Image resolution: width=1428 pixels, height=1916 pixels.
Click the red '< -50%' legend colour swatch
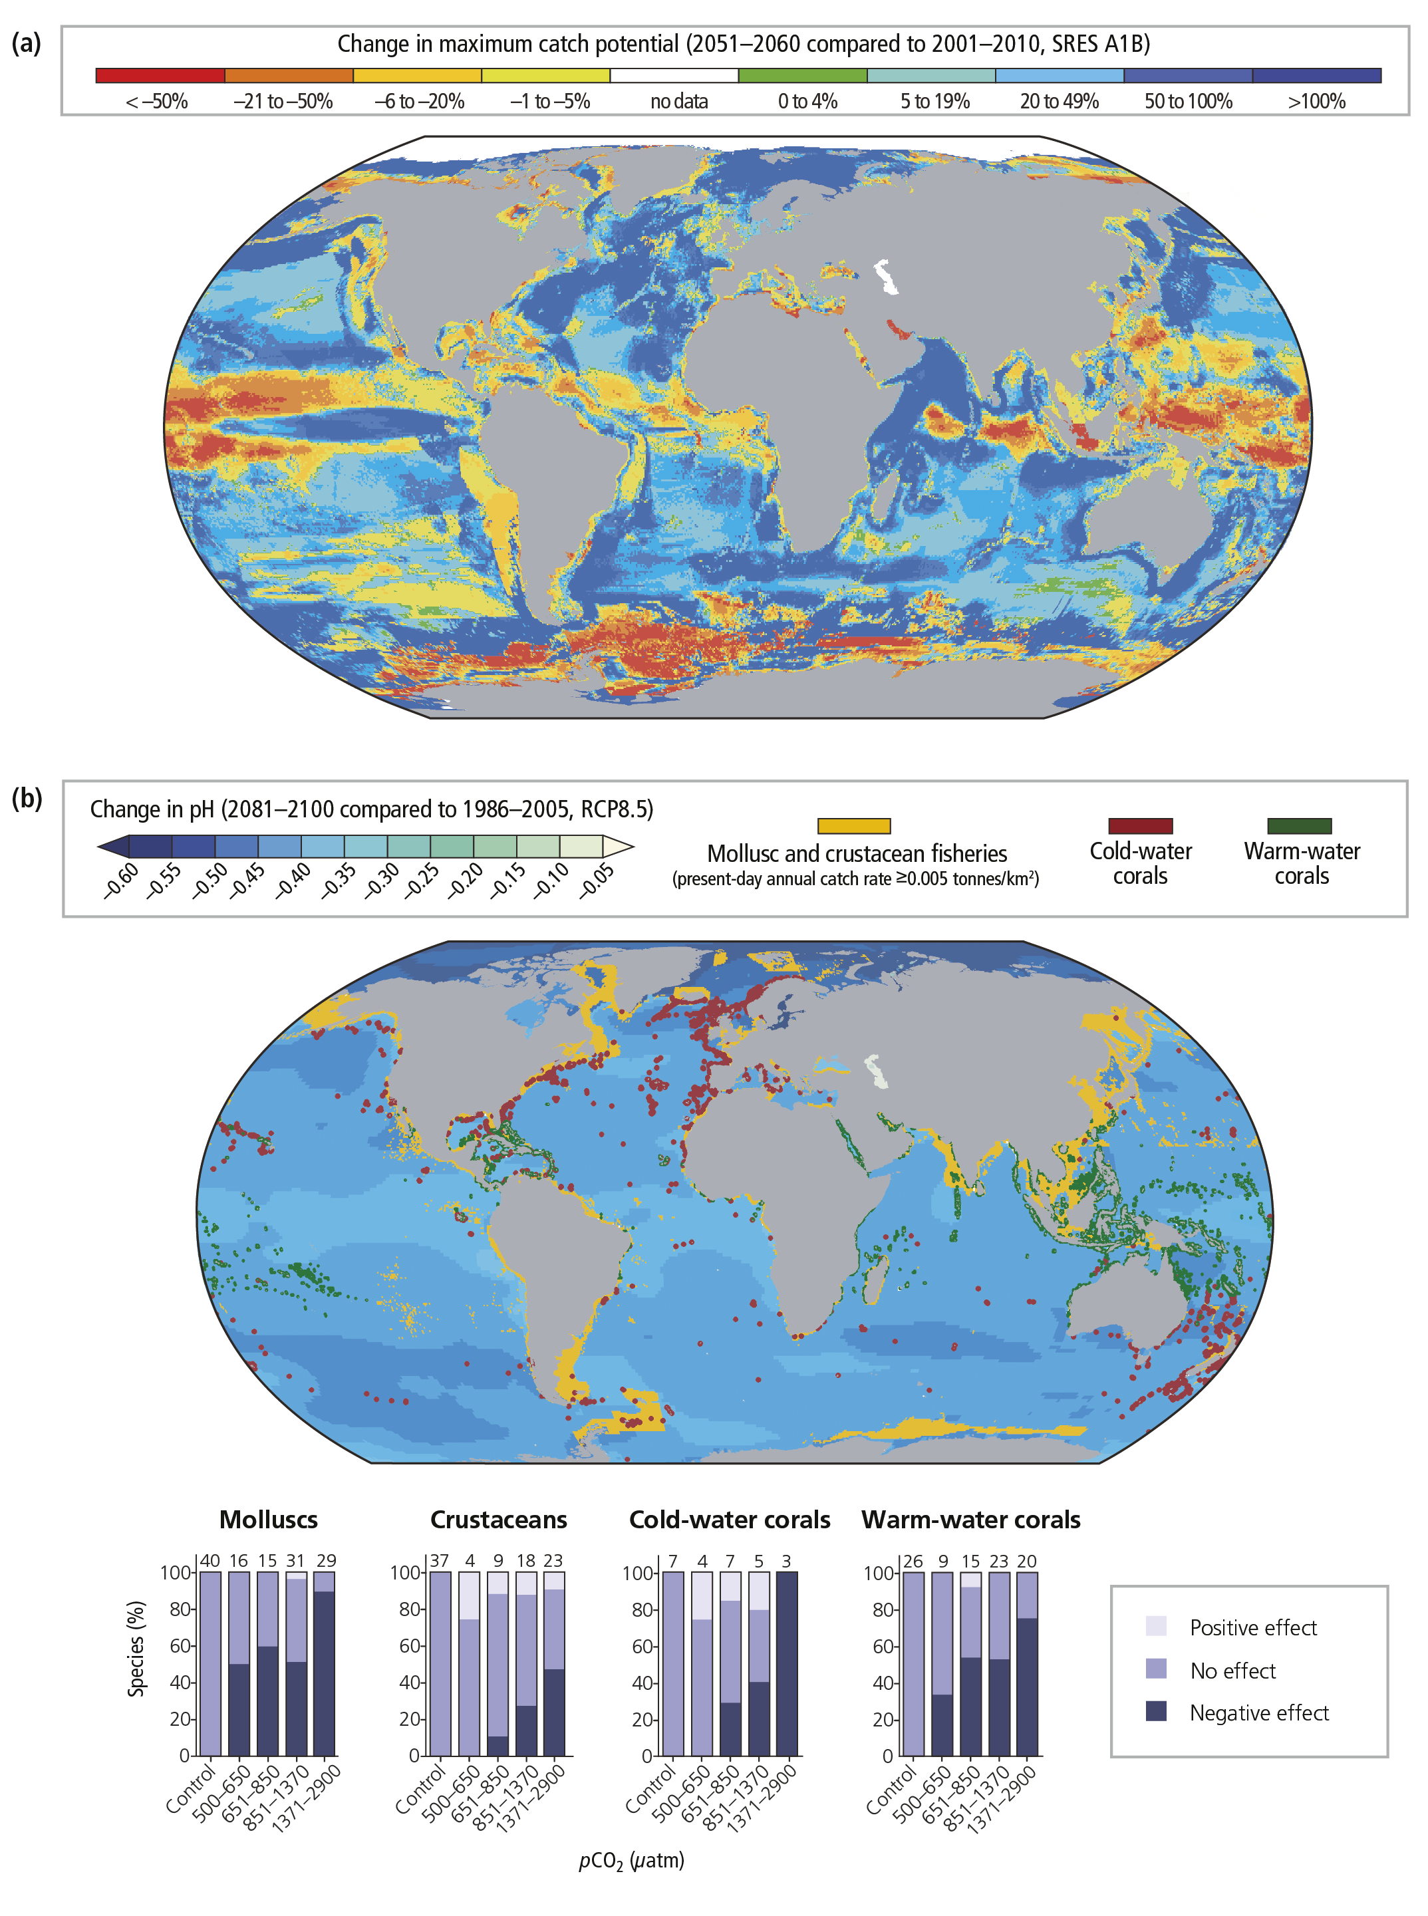tap(160, 75)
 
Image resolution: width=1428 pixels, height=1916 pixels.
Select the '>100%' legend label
tap(1316, 102)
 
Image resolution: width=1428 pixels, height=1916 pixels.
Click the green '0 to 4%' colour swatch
tap(802, 75)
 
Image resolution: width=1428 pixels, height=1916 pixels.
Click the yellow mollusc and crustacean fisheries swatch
tap(853, 826)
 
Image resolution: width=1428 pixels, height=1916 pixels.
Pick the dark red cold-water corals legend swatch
tap(1140, 826)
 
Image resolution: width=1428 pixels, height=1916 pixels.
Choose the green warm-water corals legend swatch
tap(1299, 826)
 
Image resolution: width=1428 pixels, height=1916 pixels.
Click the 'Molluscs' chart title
tap(268, 1520)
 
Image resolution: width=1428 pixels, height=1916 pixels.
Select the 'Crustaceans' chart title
tap(499, 1520)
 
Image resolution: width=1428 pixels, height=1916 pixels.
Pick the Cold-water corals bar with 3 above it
tap(787, 1664)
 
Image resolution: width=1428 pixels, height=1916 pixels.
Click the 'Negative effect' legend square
tap(1156, 1711)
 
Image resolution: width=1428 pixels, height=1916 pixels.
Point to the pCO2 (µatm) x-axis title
tap(631, 1861)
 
